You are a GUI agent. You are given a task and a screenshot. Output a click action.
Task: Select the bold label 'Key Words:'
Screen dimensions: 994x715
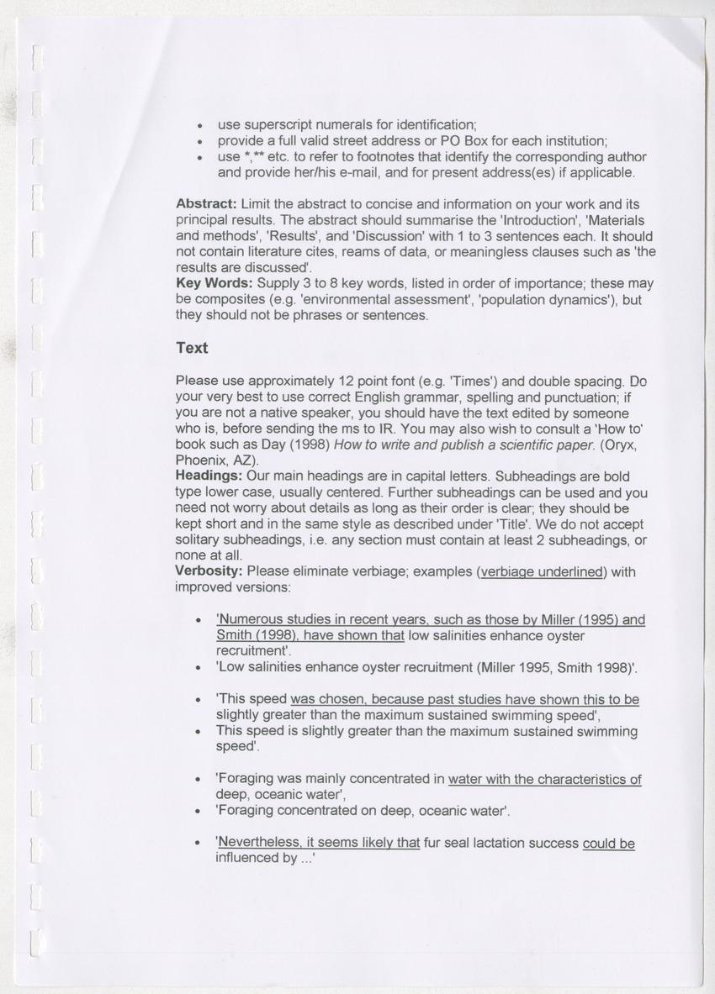pyautogui.click(x=214, y=284)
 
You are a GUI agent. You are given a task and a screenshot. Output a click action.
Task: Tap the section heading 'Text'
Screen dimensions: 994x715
pyautogui.click(x=192, y=348)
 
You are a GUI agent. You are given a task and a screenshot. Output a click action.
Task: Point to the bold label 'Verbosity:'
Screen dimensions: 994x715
pyautogui.click(x=209, y=572)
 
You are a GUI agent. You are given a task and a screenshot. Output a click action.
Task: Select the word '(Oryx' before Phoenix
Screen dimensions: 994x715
pyautogui.click(x=623, y=444)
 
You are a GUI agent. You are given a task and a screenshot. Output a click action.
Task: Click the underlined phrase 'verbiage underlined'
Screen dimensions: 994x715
pyautogui.click(x=541, y=572)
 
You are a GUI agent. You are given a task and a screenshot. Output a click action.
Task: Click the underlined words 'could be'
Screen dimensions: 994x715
pyautogui.click(x=608, y=843)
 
